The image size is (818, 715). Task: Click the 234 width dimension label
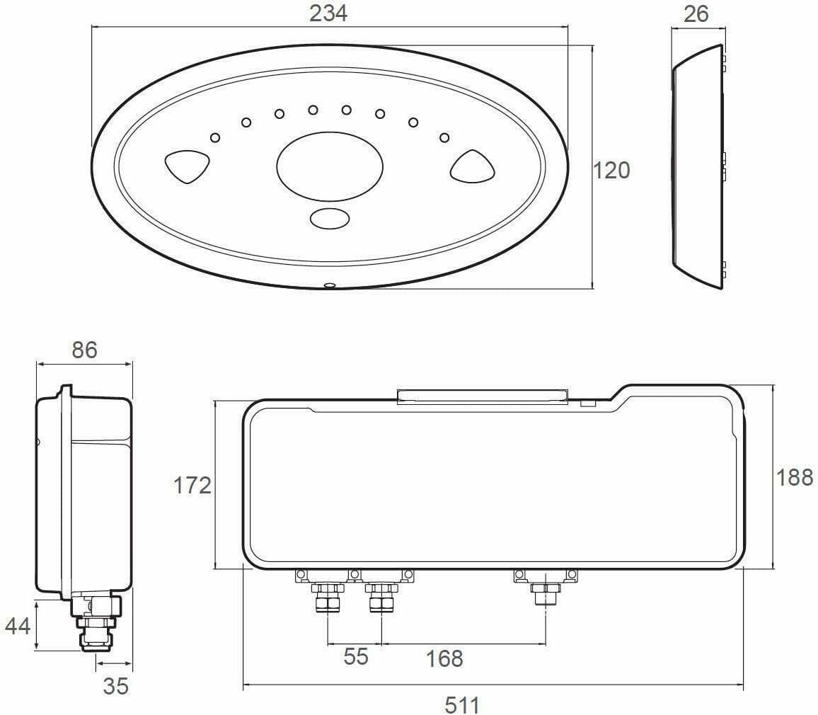click(x=329, y=13)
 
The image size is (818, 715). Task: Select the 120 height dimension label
click(x=611, y=171)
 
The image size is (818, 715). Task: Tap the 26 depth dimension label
click(x=696, y=13)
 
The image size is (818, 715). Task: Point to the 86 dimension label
click(x=84, y=350)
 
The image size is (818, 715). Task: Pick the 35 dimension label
click(x=116, y=686)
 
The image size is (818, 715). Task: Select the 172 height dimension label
click(x=192, y=486)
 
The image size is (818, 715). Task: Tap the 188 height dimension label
click(x=795, y=478)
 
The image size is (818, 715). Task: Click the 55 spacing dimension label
click(x=356, y=656)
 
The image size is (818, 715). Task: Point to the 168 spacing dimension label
click(x=444, y=658)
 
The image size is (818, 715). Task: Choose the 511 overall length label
click(x=462, y=704)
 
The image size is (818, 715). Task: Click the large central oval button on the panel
click(x=330, y=166)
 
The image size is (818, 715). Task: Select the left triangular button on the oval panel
click(x=188, y=166)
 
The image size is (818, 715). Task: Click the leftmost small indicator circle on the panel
click(x=215, y=137)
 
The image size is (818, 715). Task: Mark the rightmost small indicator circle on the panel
click(x=444, y=137)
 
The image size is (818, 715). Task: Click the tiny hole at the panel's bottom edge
click(x=328, y=286)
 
